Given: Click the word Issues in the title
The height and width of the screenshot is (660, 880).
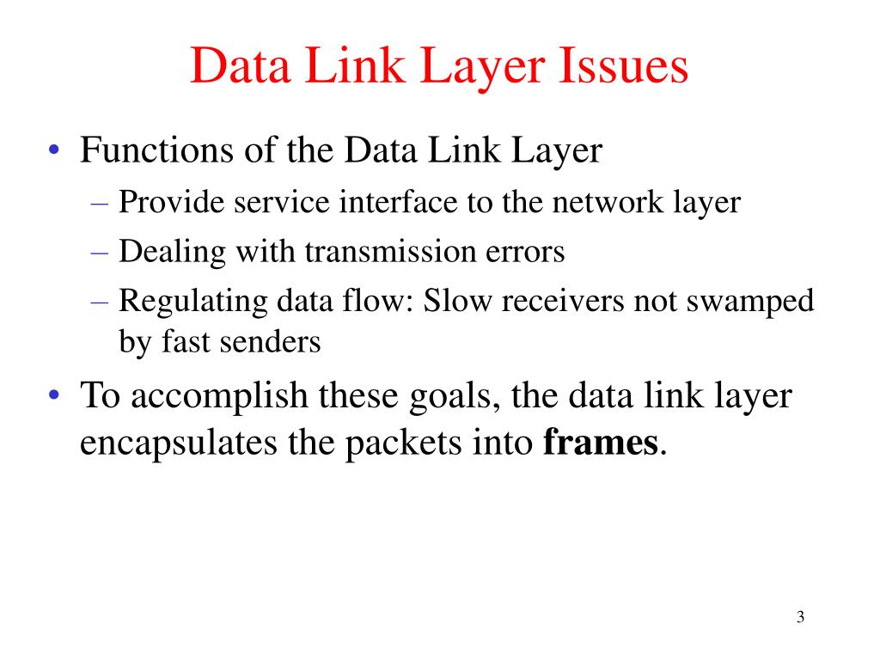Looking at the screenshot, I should point(625,68).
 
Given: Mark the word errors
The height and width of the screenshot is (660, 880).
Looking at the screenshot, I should point(523,252).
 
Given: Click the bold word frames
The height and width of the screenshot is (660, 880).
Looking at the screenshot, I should point(602,444).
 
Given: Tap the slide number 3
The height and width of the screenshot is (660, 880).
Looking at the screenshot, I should point(800,618).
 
